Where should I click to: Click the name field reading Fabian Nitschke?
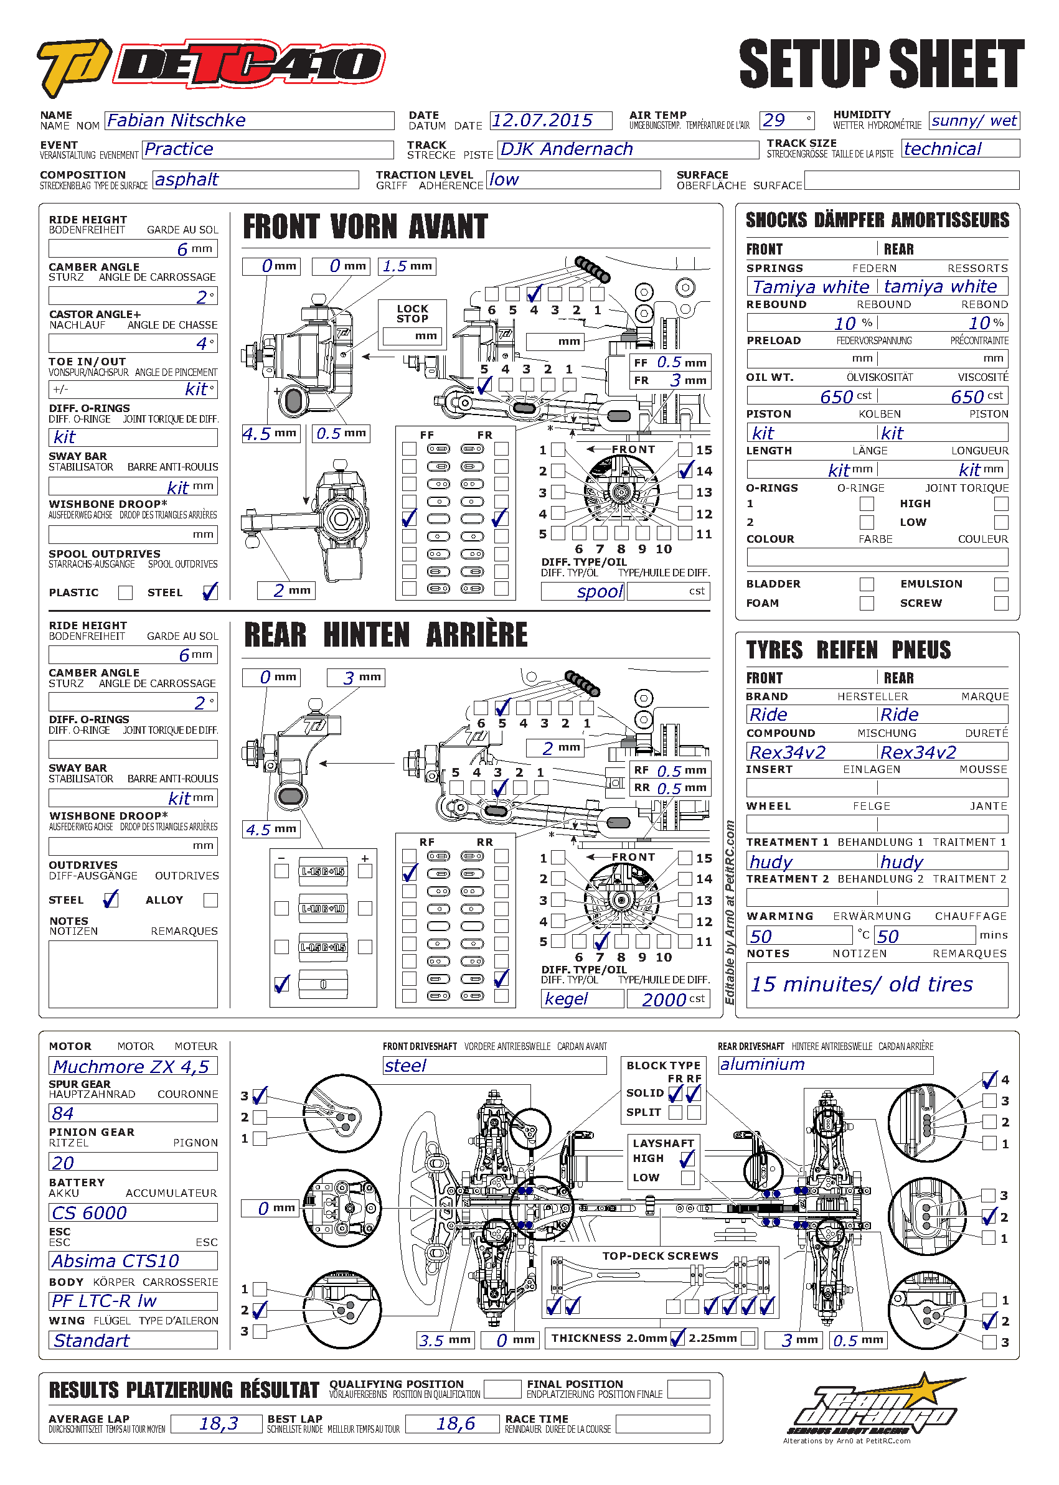coord(248,121)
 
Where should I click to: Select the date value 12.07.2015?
coord(550,121)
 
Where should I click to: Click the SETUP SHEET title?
coord(881,63)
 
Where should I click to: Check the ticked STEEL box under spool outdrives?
coord(210,592)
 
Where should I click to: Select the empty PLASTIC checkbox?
coord(125,593)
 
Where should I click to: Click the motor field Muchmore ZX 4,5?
coord(133,1067)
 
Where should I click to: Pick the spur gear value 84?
coord(133,1113)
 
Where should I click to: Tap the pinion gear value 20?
coord(133,1163)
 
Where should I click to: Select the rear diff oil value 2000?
coord(666,1000)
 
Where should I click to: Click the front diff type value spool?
coord(582,591)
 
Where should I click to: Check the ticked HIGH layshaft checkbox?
coord(687,1158)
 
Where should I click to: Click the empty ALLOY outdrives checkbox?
coord(210,900)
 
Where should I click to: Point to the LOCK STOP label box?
coord(412,314)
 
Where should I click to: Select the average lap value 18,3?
coord(217,1424)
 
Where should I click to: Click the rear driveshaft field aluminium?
coord(825,1065)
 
